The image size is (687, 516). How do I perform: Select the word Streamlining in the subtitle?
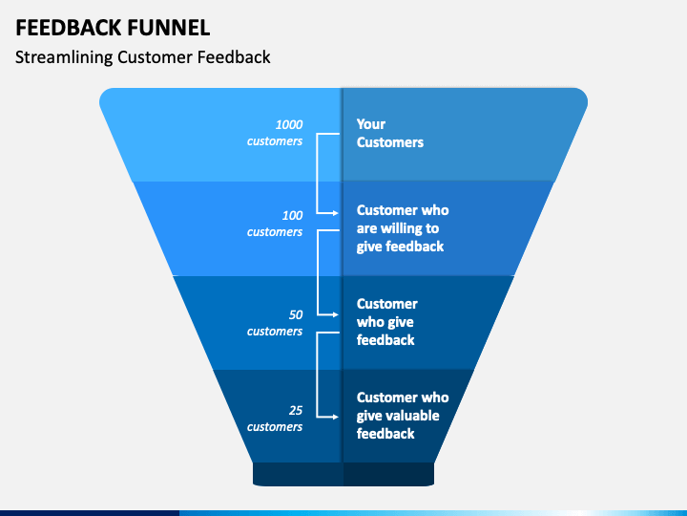[64, 57]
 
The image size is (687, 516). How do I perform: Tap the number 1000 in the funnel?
[289, 124]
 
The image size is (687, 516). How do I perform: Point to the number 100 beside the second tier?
[292, 215]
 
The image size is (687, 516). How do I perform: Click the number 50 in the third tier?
[296, 315]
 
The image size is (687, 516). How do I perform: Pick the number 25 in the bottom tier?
[296, 410]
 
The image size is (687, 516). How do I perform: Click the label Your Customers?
[390, 133]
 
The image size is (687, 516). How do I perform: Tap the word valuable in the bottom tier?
[413, 416]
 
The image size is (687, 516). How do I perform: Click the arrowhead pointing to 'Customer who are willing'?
[335, 213]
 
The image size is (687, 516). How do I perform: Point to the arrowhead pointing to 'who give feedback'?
[335, 314]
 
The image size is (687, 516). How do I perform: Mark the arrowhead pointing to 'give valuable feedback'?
[335, 417]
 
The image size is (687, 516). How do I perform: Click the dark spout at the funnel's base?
[343, 474]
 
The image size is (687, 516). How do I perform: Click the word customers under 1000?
[275, 141]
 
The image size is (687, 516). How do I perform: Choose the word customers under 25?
[275, 427]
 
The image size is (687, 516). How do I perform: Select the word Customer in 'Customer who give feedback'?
[387, 304]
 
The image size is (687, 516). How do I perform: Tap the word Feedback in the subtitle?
[234, 57]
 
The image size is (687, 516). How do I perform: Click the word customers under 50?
[275, 332]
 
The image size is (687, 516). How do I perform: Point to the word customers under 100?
[275, 232]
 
